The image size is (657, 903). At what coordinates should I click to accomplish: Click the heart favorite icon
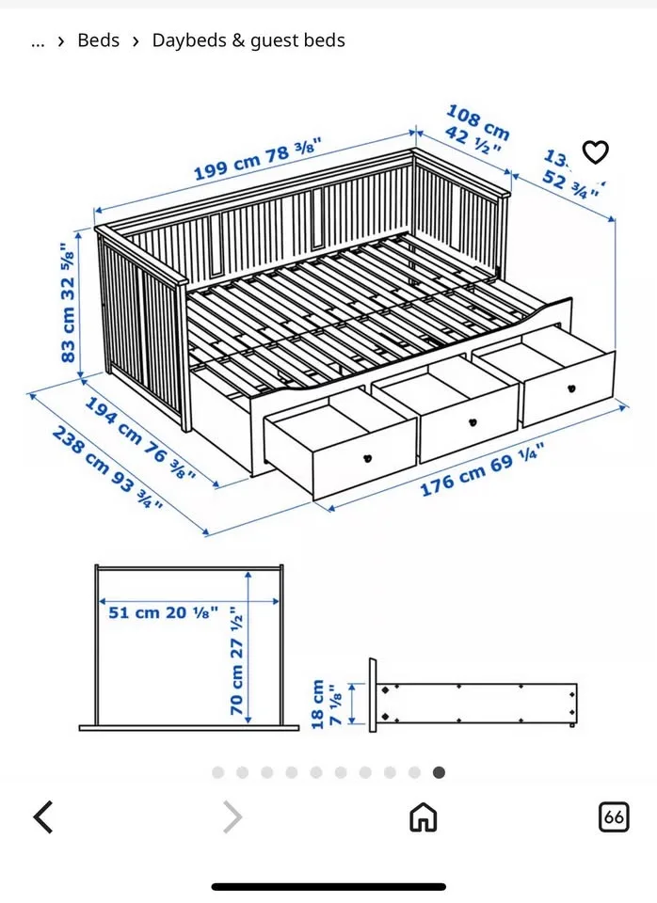tap(595, 151)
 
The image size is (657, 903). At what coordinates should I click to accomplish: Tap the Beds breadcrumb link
tap(99, 40)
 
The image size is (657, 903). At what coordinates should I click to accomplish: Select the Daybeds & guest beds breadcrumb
tap(248, 40)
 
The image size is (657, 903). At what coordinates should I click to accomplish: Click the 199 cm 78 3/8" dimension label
tap(257, 159)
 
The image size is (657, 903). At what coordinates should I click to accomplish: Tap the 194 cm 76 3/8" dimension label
tap(141, 437)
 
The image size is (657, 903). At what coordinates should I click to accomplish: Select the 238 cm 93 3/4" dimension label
tap(107, 467)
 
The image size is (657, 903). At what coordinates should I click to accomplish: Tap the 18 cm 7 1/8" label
tap(326, 703)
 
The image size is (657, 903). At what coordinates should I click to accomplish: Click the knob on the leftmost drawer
tap(368, 457)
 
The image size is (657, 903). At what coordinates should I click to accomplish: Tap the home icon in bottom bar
tap(423, 816)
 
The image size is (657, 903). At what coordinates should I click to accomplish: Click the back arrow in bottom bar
tap(43, 816)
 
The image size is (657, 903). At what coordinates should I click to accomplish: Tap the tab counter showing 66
tap(614, 816)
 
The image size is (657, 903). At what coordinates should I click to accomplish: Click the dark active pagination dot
tap(439, 772)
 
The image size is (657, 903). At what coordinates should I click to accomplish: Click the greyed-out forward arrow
tap(232, 816)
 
